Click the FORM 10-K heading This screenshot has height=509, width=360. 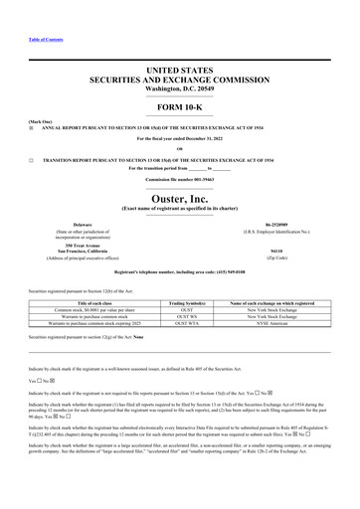click(179, 106)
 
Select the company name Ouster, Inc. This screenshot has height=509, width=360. click(179, 199)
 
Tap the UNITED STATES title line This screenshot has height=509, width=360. click(179, 70)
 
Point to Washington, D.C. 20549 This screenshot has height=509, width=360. click(179, 89)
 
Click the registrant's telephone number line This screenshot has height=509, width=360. click(179, 271)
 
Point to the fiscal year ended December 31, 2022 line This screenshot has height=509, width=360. click(179, 138)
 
